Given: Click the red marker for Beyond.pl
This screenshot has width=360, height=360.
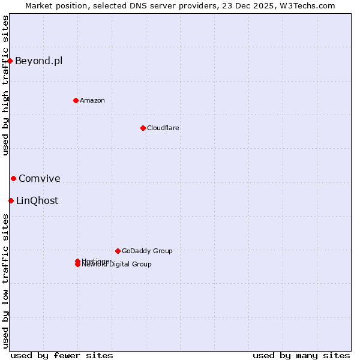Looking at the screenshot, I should click(x=10, y=61).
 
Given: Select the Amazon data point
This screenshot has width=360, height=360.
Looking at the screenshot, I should click(x=76, y=100).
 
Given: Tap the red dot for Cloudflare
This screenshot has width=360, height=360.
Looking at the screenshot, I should click(x=143, y=128).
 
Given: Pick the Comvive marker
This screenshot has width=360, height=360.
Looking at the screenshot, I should click(x=13, y=178).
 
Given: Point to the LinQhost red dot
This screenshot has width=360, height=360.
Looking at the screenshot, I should click(x=11, y=200).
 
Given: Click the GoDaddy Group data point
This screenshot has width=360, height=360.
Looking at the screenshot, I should click(x=118, y=251).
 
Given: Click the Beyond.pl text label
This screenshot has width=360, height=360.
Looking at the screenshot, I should click(x=38, y=61).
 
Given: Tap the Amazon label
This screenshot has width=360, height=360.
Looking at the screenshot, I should click(x=92, y=100).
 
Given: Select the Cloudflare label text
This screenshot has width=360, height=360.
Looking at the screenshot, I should click(x=163, y=128).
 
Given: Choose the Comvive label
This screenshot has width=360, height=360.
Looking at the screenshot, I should click(x=40, y=178).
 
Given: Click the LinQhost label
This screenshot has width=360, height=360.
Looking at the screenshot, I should click(x=37, y=200).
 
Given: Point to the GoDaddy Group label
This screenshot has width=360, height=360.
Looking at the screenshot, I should click(x=147, y=251).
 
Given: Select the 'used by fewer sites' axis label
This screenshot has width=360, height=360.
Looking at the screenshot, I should click(x=62, y=355).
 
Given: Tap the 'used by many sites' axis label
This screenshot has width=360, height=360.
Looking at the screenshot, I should click(x=301, y=355).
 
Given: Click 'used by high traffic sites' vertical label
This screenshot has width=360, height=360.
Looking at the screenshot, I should click(x=5, y=85).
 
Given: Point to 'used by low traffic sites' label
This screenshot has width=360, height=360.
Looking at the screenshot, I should click(x=5, y=280).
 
